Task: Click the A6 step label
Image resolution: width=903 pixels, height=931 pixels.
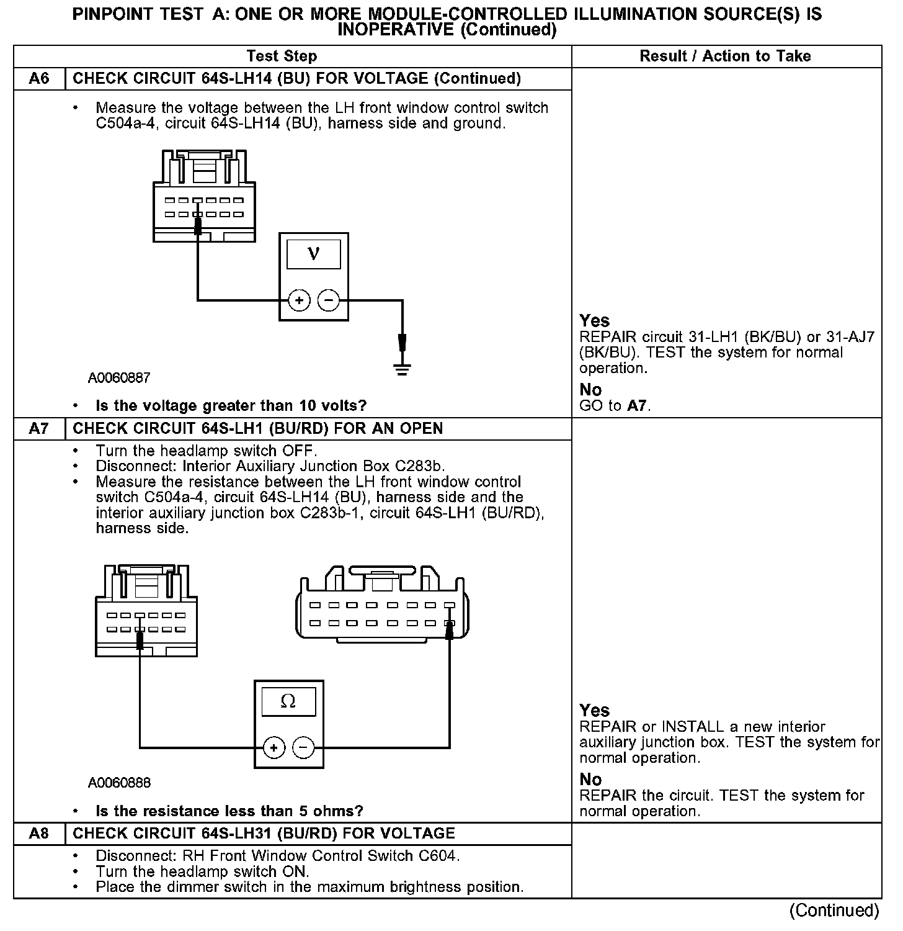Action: click(x=38, y=79)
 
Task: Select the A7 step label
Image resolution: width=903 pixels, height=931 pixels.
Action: click(x=38, y=429)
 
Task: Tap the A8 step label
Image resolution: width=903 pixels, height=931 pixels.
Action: click(x=38, y=834)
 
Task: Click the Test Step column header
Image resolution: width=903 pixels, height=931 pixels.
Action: click(x=282, y=56)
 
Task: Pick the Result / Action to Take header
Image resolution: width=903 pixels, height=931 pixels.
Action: click(x=725, y=56)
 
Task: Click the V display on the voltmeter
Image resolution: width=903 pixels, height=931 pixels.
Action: click(x=314, y=254)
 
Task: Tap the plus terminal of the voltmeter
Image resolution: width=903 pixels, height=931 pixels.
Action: click(x=299, y=301)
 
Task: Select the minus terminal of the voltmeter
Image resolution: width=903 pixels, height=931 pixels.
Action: click(x=329, y=301)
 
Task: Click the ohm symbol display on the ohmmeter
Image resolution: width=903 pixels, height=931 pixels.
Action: click(x=288, y=701)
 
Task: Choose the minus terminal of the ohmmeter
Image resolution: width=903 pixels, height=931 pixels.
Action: click(x=303, y=748)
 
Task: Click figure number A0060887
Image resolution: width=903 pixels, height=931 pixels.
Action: click(x=119, y=377)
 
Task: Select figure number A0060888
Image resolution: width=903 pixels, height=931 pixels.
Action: click(x=119, y=783)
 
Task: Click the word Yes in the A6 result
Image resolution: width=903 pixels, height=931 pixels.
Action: click(x=595, y=321)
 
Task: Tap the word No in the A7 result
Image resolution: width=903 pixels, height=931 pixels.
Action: click(x=590, y=780)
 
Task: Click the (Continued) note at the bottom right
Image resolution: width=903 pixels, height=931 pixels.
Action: click(x=834, y=911)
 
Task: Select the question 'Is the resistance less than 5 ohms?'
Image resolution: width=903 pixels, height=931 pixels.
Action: click(x=229, y=811)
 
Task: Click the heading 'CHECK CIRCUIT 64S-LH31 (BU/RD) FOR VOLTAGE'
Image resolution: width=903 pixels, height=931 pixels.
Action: click(x=264, y=834)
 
